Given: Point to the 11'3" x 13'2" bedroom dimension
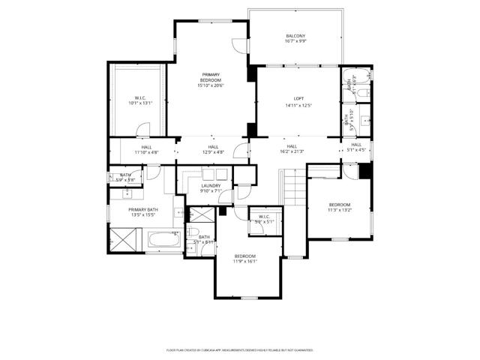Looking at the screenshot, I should point(339,211).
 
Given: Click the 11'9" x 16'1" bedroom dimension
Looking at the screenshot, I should point(244,262).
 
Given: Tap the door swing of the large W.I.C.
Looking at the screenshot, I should point(142,133).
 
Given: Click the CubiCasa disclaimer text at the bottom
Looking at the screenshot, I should point(240,349).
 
